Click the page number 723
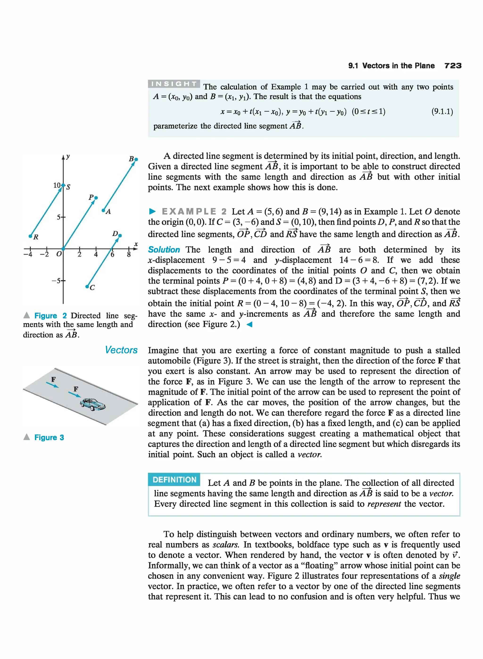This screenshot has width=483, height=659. (x=453, y=66)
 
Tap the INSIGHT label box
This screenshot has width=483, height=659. (x=174, y=84)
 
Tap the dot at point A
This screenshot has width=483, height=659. (x=103, y=210)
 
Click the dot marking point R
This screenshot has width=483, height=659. (x=30, y=236)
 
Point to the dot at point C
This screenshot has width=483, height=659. (x=87, y=287)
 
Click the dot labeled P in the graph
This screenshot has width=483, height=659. (x=96, y=198)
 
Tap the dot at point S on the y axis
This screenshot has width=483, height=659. (x=63, y=185)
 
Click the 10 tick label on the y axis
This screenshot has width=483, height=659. (x=57, y=185)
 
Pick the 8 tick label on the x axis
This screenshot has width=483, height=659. (x=129, y=255)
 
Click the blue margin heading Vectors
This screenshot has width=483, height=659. (x=121, y=350)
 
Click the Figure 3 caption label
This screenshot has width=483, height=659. (x=49, y=437)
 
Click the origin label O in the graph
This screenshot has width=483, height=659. (x=59, y=254)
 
